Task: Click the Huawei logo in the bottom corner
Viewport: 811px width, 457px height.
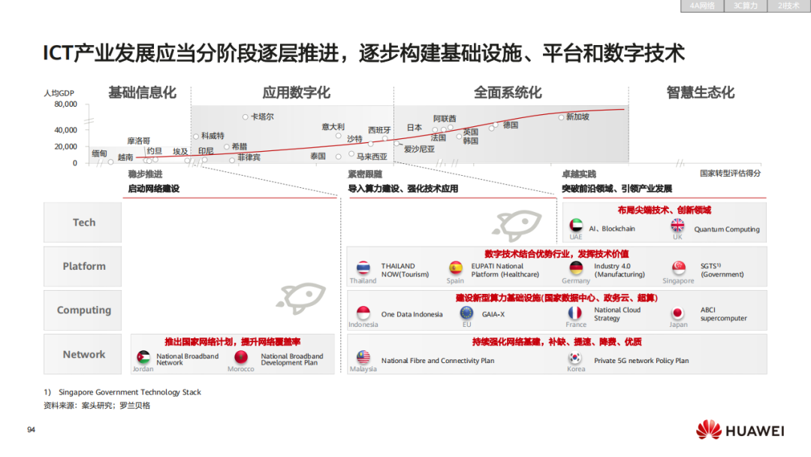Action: pos(740,431)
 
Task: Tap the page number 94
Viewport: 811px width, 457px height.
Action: pos(31,430)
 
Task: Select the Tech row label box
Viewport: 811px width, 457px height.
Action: pos(83,222)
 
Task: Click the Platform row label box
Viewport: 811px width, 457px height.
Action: pos(83,266)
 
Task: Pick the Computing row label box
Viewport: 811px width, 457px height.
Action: pos(83,310)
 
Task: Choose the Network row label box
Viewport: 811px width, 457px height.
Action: pos(83,354)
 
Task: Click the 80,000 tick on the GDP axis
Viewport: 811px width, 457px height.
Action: pos(65,104)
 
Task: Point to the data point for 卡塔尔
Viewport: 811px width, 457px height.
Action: pos(246,117)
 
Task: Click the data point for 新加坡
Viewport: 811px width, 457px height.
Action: pos(561,117)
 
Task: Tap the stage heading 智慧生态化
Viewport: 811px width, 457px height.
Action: pos(700,93)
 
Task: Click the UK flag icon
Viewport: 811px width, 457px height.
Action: pos(677,225)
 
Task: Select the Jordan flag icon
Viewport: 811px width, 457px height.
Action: pos(143,357)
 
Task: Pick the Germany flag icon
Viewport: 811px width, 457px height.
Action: pos(576,268)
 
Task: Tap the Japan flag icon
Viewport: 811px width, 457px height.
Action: pos(677,313)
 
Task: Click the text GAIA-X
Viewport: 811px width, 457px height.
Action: pos(493,315)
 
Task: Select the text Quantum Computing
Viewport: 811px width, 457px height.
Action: pos(726,229)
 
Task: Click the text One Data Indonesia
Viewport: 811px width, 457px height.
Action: pos(412,315)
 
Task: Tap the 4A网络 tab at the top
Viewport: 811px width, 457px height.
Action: pos(701,5)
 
